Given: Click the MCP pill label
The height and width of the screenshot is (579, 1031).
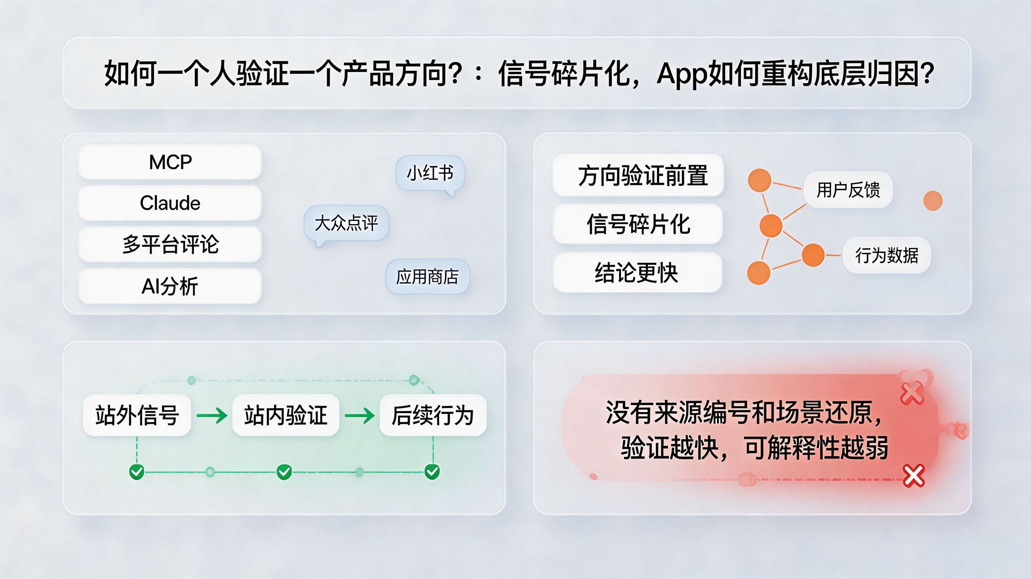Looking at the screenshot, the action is coord(170,162).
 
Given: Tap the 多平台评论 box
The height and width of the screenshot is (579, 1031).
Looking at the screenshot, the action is coord(170,244).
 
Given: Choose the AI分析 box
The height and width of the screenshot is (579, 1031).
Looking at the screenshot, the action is coord(170,286).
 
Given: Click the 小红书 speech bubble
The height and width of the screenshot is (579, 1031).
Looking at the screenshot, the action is coord(430,174).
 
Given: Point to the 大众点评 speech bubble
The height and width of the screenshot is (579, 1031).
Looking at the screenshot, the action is coord(346,223).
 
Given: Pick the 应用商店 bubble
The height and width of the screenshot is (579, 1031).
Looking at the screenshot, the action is coord(427,277).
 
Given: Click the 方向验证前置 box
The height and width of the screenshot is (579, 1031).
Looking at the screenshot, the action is coord(638,175).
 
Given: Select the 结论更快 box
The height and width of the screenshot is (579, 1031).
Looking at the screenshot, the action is coord(637,272).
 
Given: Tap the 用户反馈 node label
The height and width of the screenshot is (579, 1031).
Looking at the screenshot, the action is coord(848,189).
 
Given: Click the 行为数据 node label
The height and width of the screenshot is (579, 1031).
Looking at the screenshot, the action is coord(886,255).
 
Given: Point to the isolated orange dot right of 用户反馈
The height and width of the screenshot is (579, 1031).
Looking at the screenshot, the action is coord(932,200).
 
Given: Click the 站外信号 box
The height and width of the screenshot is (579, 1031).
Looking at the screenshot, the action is coord(137,415).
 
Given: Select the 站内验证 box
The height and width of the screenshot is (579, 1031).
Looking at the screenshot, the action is coord(286,415).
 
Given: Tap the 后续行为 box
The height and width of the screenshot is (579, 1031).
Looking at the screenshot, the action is coord(433,415).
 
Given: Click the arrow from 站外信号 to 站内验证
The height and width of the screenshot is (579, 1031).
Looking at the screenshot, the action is coord(212,415).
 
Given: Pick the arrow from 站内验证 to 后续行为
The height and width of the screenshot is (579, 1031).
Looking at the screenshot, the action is coord(360,415).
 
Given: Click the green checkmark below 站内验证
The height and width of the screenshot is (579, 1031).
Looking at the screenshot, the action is coord(284,472).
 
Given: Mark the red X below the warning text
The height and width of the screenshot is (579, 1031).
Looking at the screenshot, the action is coord(914,476).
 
